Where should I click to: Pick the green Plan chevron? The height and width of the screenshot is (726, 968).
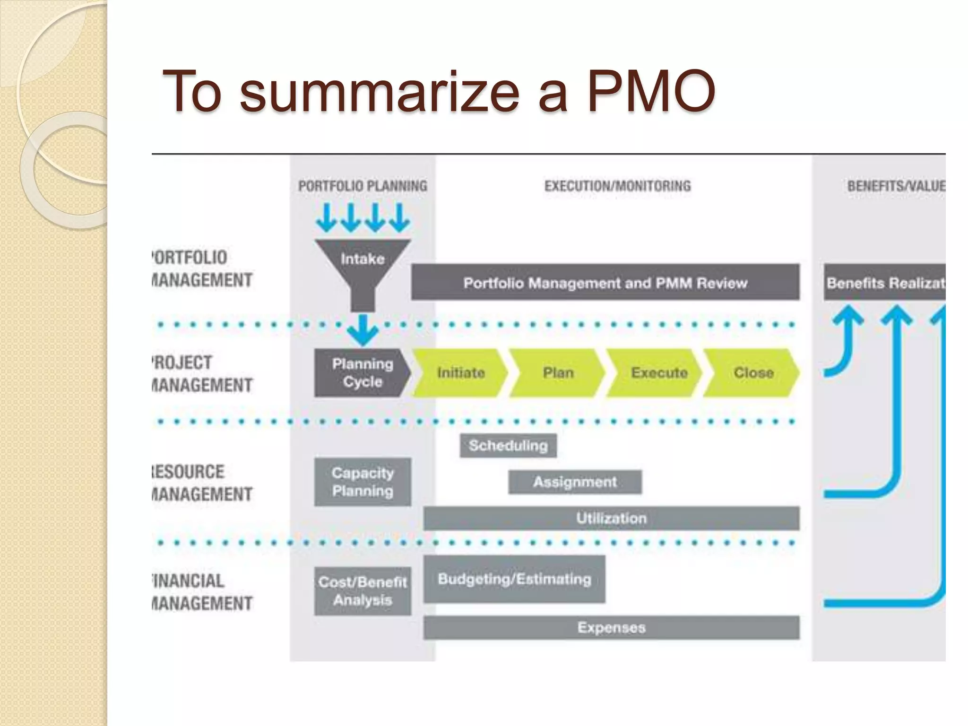click(x=558, y=372)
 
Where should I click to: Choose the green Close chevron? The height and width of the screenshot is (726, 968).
click(x=753, y=372)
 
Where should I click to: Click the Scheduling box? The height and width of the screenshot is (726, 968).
click(x=508, y=445)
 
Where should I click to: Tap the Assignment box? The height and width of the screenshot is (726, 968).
click(x=575, y=482)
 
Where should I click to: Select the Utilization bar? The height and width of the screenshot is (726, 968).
click(x=611, y=518)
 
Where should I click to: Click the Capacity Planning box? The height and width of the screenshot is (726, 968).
click(x=363, y=482)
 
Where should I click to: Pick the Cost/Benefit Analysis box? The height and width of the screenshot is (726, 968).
click(x=363, y=591)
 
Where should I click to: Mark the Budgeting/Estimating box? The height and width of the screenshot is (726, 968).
click(x=514, y=579)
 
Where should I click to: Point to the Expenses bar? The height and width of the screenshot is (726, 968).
click(x=611, y=627)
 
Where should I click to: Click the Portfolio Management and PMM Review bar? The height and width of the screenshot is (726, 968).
click(x=605, y=282)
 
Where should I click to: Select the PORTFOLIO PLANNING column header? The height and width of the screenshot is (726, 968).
click(x=363, y=186)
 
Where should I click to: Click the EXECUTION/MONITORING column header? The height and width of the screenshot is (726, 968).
click(x=617, y=186)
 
